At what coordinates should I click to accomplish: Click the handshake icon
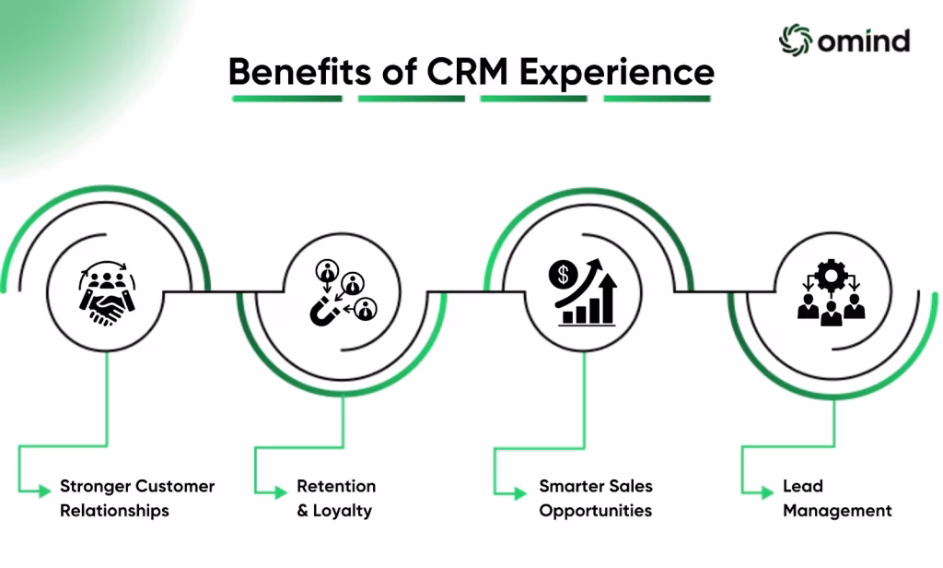[109, 308]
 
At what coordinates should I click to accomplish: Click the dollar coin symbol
[563, 276]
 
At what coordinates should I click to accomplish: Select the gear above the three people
[832, 276]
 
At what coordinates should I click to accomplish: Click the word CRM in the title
[467, 72]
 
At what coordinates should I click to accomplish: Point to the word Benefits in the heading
[299, 72]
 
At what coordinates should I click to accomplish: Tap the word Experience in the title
[616, 74]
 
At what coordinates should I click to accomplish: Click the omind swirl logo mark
[795, 41]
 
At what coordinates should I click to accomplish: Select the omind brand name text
[864, 41]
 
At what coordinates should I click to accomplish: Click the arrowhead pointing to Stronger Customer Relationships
[44, 491]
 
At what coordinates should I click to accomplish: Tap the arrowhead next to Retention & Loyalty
[281, 492]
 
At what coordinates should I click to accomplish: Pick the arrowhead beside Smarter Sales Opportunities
[520, 493]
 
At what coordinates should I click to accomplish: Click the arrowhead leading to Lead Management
[767, 492]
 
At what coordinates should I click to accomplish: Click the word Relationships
[114, 511]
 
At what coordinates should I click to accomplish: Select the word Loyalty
[343, 512]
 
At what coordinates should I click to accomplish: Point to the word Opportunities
[596, 512]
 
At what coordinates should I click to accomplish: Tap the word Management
[837, 512]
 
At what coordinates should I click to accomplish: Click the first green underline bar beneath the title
[287, 99]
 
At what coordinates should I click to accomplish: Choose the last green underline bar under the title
[658, 99]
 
